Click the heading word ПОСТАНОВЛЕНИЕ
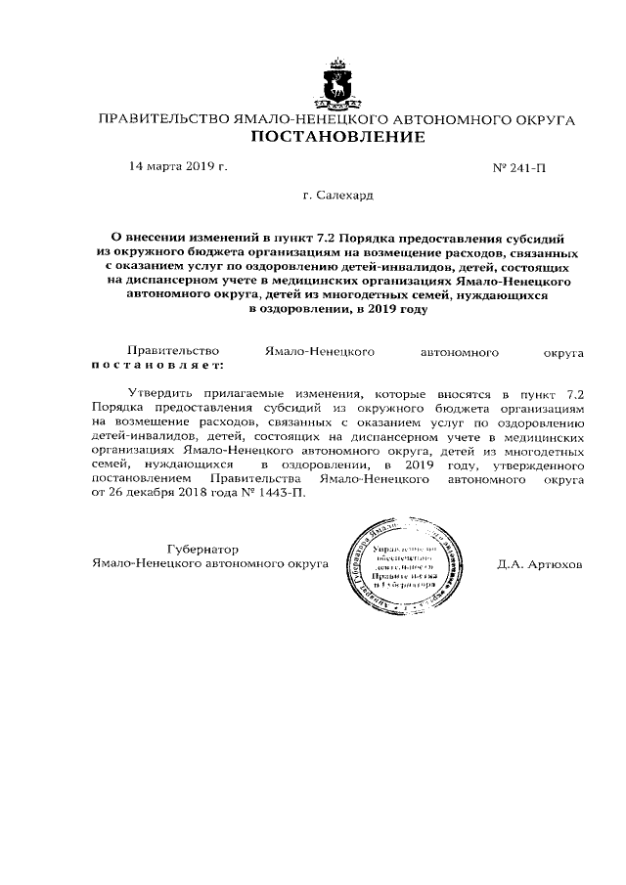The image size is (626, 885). click(338, 137)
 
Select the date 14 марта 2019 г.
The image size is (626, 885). click(178, 167)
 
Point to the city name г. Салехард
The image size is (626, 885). click(338, 196)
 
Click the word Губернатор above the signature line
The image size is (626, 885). click(203, 550)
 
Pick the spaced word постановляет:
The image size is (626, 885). click(157, 364)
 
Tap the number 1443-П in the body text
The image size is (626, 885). click(279, 493)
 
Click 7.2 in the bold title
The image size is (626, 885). click(329, 238)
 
